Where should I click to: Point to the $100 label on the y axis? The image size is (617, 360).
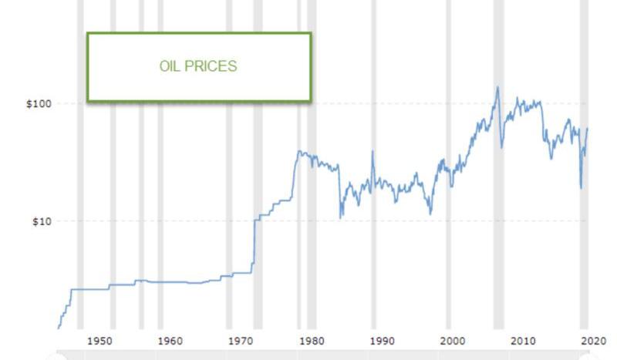point(38,103)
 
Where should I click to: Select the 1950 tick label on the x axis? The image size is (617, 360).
point(99,341)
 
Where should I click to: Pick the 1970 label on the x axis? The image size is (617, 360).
point(241,341)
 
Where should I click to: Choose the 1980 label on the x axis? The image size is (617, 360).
point(311,341)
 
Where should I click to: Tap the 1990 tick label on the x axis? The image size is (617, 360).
point(382,341)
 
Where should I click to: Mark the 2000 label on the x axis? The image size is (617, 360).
point(453,341)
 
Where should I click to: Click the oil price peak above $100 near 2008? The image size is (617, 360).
point(497,87)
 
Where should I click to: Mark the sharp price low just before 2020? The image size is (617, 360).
point(581,187)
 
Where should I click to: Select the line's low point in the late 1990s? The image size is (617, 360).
point(430,214)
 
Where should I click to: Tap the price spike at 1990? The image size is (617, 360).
point(373,152)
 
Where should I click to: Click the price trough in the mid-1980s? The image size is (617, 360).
point(340,217)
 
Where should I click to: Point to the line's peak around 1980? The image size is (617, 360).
point(299,152)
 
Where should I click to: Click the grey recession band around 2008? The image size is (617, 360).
point(498,193)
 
